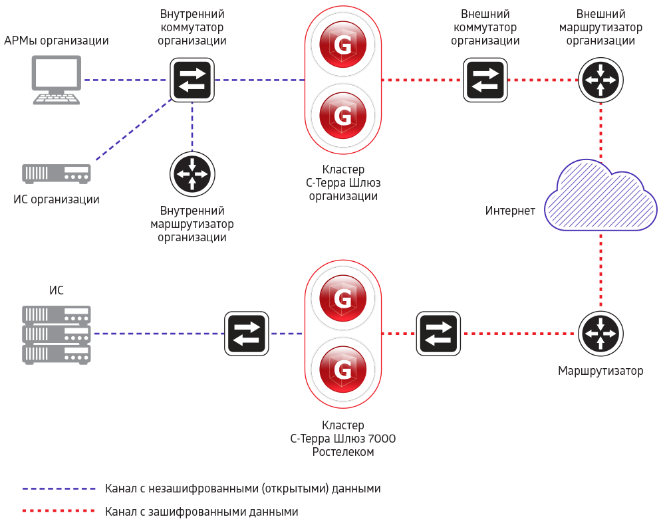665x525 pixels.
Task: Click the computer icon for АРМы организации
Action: coord(57,80)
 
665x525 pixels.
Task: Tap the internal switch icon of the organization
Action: coord(192,80)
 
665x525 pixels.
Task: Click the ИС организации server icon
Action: coord(57,173)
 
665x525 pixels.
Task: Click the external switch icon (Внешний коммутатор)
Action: coord(485,80)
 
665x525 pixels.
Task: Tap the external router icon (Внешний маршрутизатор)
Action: coord(600,80)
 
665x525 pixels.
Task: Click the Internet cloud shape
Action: coord(600,196)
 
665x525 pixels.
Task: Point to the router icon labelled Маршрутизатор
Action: coord(600,333)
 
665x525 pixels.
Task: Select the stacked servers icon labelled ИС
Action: coord(57,334)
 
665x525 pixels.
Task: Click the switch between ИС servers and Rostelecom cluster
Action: coord(247,333)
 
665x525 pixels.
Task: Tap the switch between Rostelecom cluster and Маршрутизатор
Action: coord(438,333)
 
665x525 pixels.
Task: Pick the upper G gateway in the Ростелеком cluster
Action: coord(343,298)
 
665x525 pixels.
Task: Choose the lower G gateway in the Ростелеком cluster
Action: coord(343,369)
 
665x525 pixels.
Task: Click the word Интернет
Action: coord(510,211)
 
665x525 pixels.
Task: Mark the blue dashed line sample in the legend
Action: coord(59,488)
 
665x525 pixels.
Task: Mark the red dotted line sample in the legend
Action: coord(59,512)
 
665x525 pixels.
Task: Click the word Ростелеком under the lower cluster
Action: coord(343,452)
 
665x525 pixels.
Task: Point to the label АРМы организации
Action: coord(57,41)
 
